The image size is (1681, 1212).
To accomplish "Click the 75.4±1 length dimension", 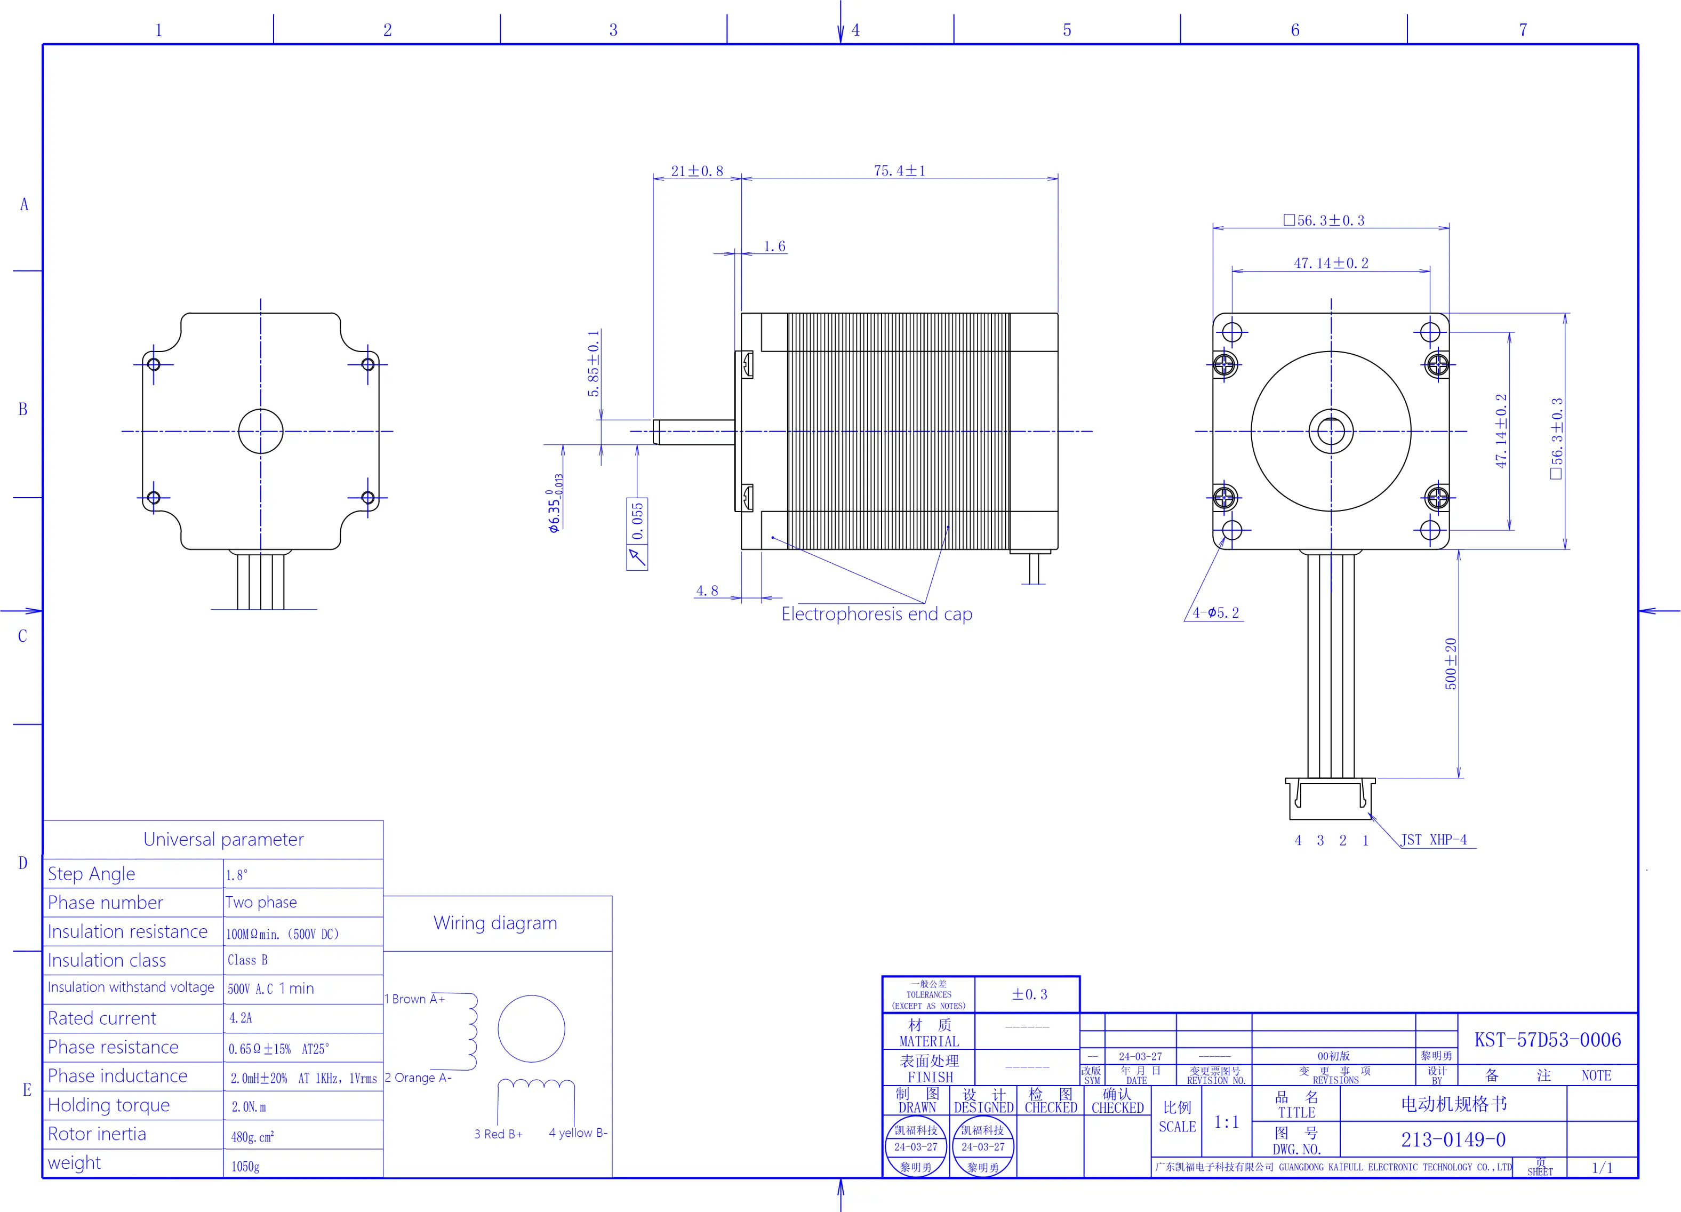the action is click(899, 171).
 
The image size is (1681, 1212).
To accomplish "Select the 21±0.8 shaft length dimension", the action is click(697, 171).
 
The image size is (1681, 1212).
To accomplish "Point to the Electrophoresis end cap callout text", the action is click(877, 614).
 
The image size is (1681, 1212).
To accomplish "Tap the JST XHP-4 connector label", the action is click(1434, 840).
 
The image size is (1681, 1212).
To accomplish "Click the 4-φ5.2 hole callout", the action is click(1215, 613).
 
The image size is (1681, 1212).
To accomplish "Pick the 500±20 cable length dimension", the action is click(1451, 664).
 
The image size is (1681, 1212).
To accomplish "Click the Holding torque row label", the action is click(109, 1105).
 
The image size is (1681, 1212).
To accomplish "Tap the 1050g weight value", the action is click(245, 1166).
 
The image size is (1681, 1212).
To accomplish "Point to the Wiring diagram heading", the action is click(495, 923).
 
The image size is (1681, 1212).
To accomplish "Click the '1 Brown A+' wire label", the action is click(414, 999).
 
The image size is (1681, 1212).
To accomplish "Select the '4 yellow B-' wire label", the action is click(578, 1133).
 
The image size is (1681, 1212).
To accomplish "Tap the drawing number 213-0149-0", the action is click(1453, 1139).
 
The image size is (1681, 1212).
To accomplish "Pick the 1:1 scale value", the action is click(1227, 1122).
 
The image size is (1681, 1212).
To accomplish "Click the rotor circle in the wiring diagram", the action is click(531, 1029).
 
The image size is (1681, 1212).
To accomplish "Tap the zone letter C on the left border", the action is click(22, 636).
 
